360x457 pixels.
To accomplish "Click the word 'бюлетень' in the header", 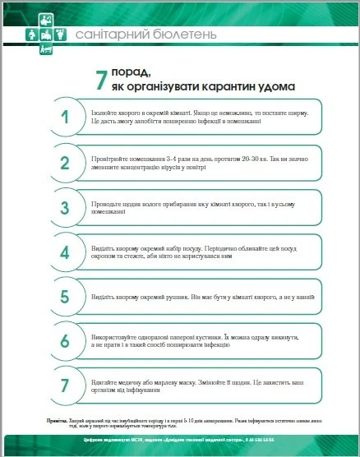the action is [183, 35].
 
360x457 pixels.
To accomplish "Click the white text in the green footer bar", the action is [180, 441].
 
